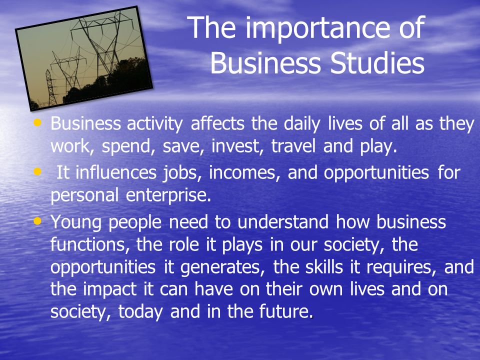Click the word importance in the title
click(x=318, y=28)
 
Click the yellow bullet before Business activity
click(x=37, y=122)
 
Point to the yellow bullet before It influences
click(x=37, y=171)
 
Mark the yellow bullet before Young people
click(x=37, y=220)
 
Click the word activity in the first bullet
click(x=154, y=124)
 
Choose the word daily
click(x=302, y=124)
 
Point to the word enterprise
click(x=168, y=195)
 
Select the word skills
click(x=324, y=266)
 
